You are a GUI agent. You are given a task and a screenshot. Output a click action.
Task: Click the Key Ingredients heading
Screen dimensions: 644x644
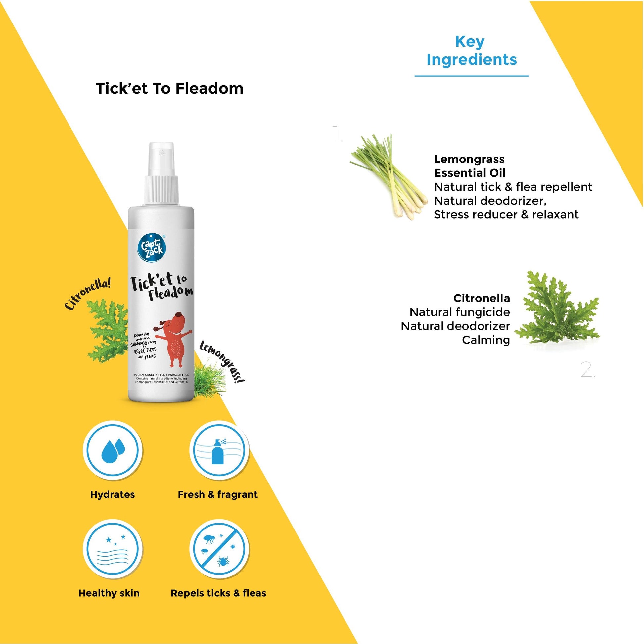click(x=471, y=51)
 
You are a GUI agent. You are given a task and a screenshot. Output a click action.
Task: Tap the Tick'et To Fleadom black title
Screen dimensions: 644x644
click(x=169, y=89)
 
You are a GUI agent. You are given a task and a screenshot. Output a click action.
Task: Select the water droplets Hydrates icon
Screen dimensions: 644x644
click(x=113, y=451)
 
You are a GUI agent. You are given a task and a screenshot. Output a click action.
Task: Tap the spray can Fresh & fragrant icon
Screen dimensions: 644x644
click(x=219, y=451)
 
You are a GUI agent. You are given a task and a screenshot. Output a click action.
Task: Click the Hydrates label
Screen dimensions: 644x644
click(x=112, y=495)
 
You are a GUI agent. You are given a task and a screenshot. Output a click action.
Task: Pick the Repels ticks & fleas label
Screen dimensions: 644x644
click(x=218, y=593)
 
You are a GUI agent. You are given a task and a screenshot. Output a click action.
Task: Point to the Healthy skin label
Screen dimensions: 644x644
click(x=109, y=593)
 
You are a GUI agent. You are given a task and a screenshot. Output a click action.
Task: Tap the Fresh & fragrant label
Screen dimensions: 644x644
click(x=218, y=495)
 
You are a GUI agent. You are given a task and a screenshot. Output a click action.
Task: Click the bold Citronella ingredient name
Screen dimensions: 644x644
click(x=481, y=298)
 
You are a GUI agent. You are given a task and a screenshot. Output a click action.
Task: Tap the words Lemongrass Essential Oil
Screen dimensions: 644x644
click(x=469, y=166)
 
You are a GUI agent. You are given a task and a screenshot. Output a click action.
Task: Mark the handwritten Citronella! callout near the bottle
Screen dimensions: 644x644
click(x=87, y=294)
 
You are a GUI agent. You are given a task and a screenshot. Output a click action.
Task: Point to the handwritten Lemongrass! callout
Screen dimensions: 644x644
click(x=222, y=362)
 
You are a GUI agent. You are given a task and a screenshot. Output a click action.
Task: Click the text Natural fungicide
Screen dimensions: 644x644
click(x=460, y=312)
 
